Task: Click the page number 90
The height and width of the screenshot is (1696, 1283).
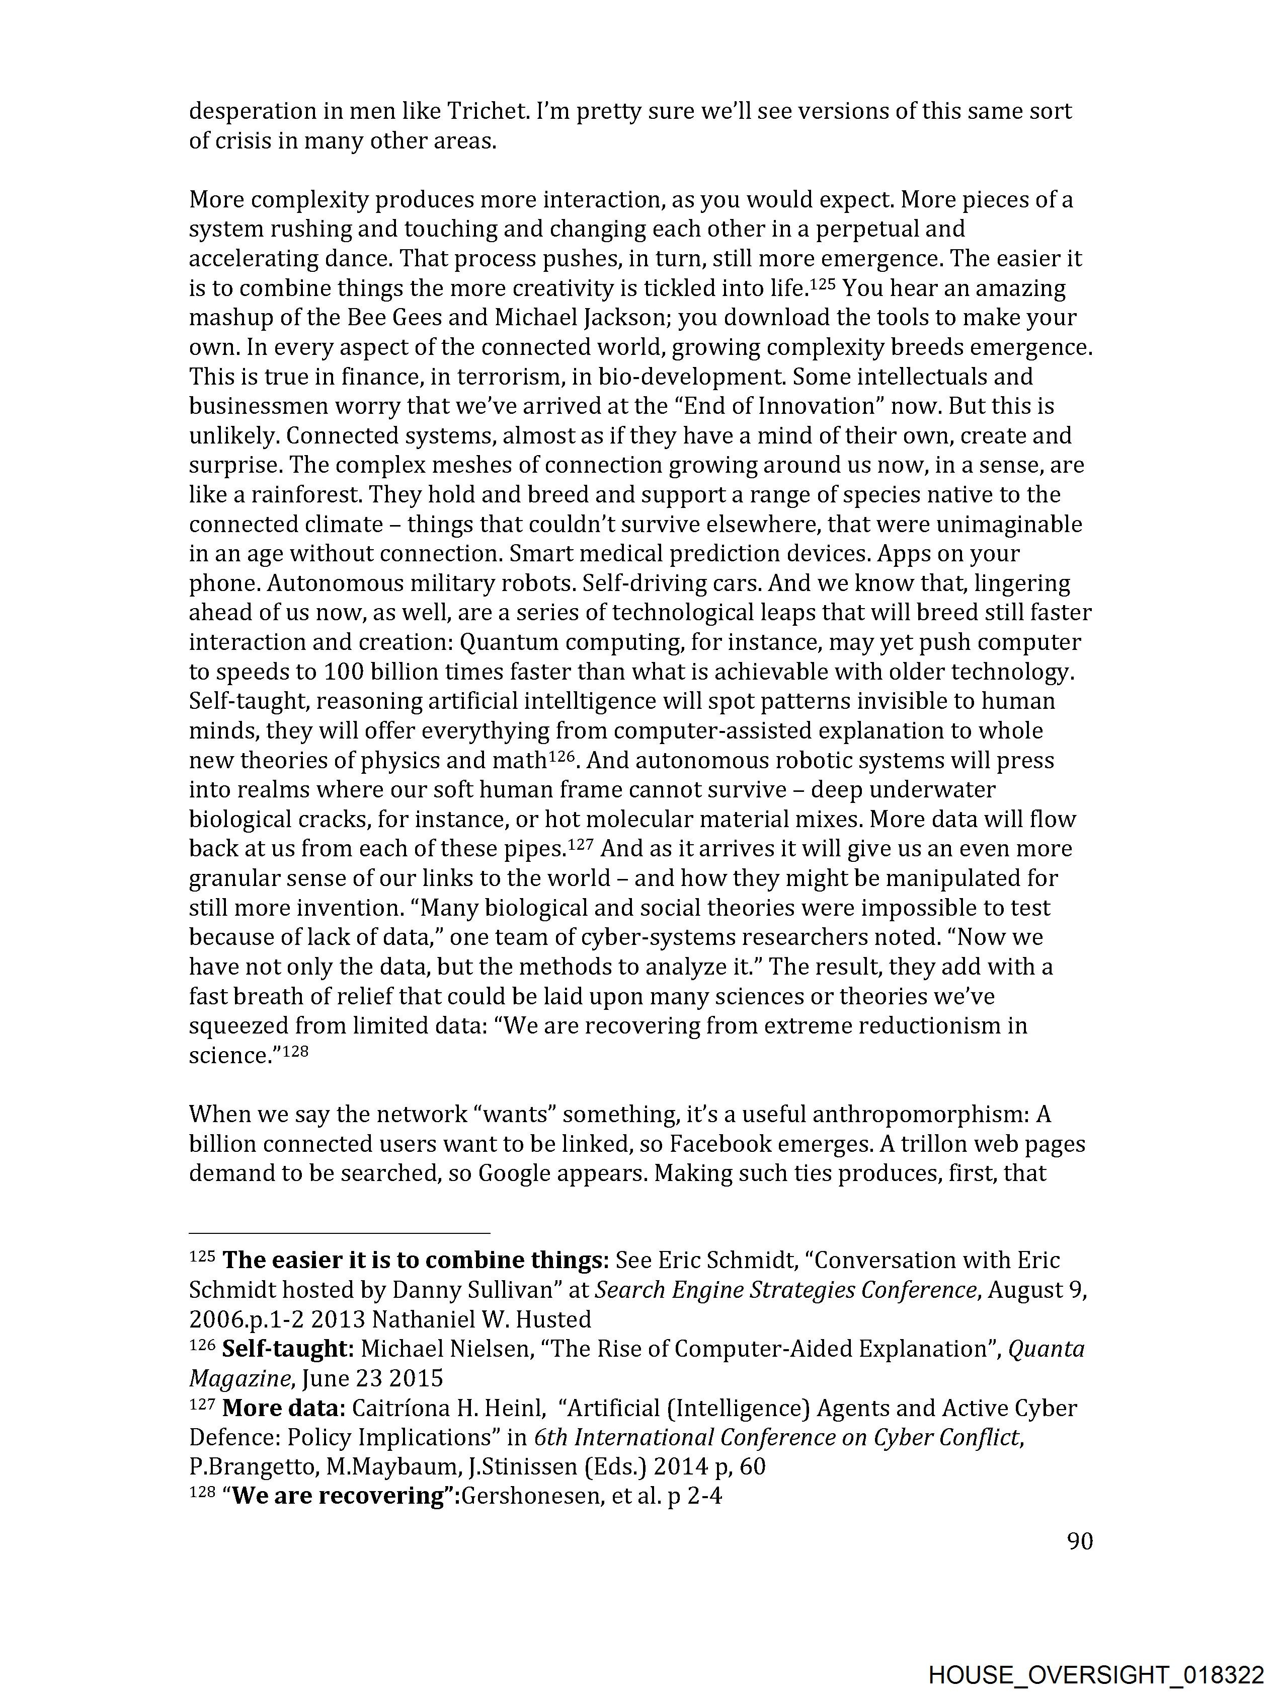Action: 1079,1540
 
